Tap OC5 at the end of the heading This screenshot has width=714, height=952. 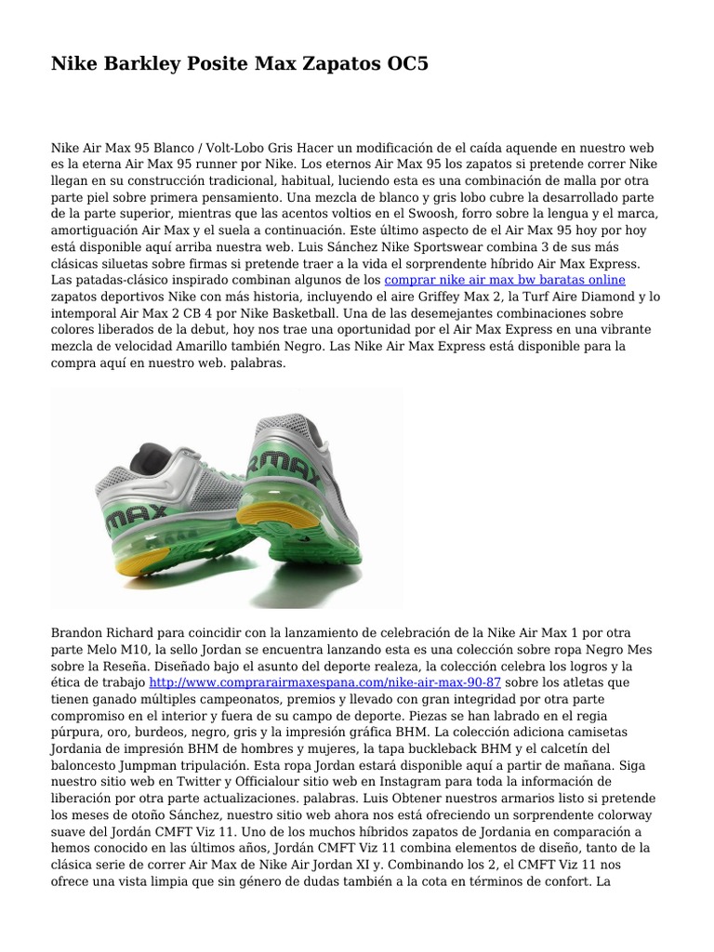point(404,64)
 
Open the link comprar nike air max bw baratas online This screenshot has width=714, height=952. point(505,279)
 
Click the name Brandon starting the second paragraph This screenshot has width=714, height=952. point(79,631)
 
